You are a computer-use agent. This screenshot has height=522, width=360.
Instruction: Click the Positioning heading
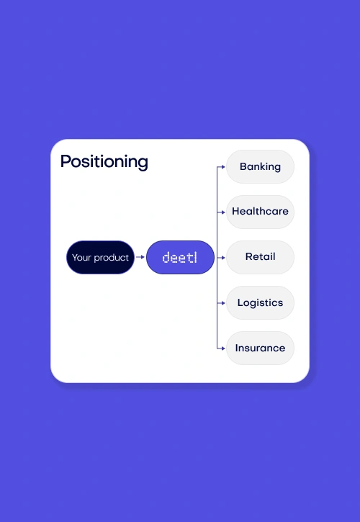(x=104, y=162)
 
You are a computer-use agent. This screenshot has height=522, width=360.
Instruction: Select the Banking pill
(x=260, y=166)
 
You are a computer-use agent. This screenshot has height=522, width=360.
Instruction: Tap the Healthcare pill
(x=260, y=212)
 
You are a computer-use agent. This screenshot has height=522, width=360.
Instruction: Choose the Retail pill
(x=260, y=257)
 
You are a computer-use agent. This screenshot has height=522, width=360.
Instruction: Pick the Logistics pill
(x=260, y=302)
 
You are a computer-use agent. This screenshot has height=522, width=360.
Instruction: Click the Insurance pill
(x=260, y=348)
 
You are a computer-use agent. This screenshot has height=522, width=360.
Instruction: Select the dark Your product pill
(x=100, y=257)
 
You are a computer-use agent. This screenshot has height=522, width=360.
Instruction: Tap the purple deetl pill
(x=180, y=257)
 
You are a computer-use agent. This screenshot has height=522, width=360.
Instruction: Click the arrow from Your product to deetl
(x=140, y=257)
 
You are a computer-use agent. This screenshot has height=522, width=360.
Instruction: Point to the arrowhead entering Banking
(x=223, y=167)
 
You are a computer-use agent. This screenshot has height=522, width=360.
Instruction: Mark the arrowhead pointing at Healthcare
(x=223, y=212)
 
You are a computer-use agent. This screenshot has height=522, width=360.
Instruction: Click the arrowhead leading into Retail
(x=223, y=257)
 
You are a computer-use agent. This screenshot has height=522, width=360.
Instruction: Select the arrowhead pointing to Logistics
(x=223, y=303)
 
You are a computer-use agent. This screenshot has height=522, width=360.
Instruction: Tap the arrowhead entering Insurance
(x=223, y=348)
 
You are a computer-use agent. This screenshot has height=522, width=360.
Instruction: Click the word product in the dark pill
(x=111, y=258)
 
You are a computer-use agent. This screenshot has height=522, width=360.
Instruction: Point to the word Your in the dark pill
(x=81, y=258)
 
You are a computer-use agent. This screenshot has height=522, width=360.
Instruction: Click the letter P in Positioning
(x=66, y=161)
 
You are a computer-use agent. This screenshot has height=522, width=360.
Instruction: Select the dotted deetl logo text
(x=180, y=257)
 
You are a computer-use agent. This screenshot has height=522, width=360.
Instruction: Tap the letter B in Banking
(x=243, y=166)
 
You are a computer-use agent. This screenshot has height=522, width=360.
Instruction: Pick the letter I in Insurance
(x=236, y=348)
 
